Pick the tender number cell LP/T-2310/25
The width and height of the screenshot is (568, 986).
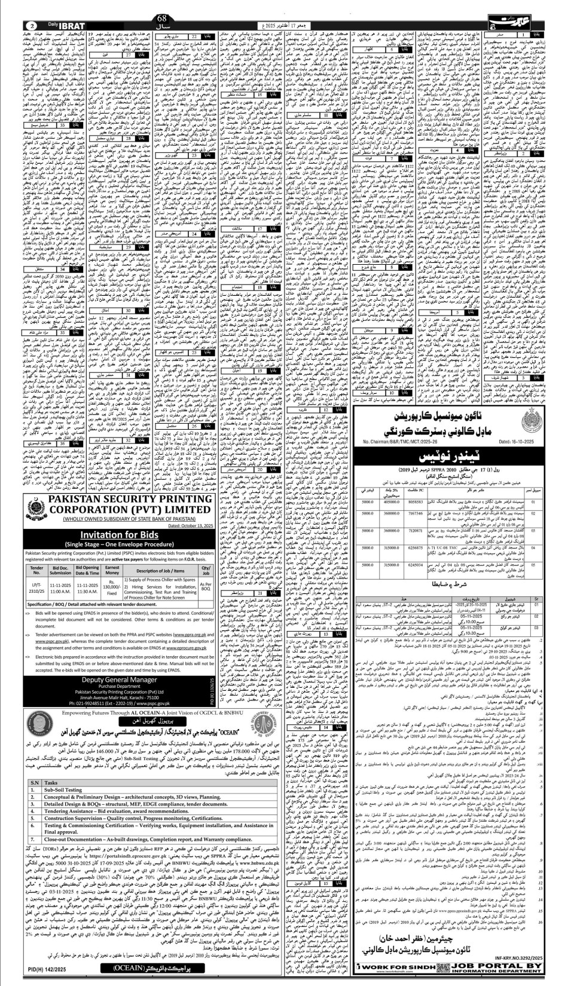coord(36,589)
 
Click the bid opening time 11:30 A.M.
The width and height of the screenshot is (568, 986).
coord(87,591)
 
